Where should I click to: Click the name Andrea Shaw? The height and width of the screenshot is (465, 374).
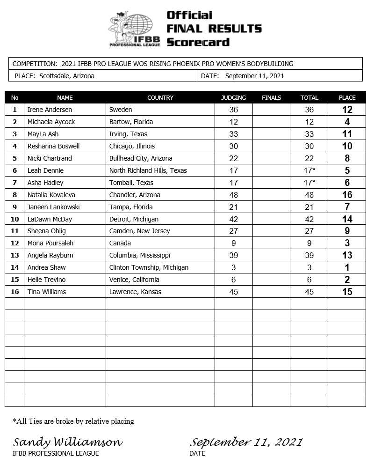point(47,267)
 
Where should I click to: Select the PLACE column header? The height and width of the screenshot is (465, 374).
point(347,98)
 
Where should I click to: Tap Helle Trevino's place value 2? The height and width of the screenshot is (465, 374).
point(347,280)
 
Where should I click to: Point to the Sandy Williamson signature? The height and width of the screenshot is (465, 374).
point(68,442)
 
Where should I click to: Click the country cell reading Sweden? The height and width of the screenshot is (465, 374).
point(121,110)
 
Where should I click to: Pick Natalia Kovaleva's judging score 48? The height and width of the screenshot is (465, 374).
point(234,195)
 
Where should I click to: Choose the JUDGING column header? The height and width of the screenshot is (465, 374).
point(234,98)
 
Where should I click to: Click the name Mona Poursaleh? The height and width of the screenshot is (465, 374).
point(50,243)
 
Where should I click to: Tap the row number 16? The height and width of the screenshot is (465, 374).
point(14,292)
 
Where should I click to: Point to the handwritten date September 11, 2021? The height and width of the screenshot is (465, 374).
point(246,442)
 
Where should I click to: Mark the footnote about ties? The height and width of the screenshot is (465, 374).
point(73,421)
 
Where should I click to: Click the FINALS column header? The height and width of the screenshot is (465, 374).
point(272,98)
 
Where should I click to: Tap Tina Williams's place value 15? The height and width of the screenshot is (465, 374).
point(347,292)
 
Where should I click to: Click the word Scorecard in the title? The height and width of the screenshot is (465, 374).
point(198,42)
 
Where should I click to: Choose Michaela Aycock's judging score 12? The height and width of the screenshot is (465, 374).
point(234,122)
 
